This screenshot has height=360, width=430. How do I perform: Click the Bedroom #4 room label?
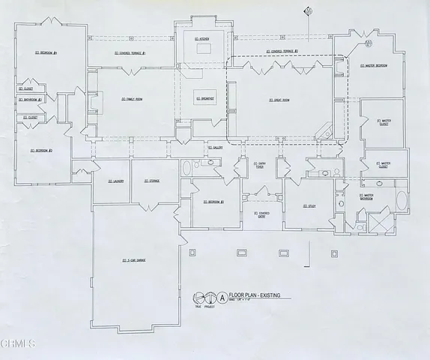[47, 52]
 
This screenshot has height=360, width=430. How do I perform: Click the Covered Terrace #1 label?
[132, 53]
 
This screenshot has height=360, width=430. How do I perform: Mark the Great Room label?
[278, 99]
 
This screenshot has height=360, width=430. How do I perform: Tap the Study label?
[309, 205]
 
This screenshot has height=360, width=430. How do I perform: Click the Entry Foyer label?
[260, 165]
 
